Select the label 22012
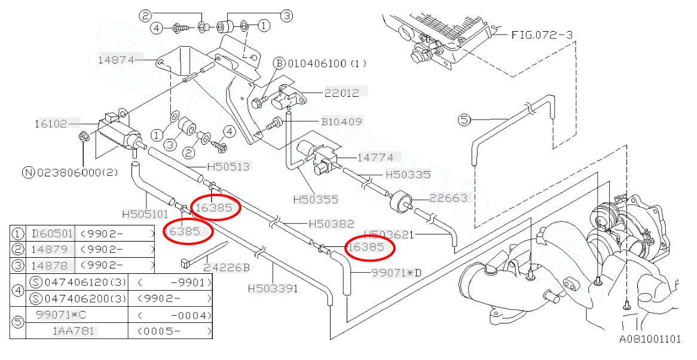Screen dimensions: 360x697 coord(342,93)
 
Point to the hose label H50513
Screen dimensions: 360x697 coord(228,167)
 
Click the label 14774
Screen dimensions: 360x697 coord(375,157)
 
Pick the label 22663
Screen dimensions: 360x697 coord(448,198)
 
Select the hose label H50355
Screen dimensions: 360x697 coord(315,199)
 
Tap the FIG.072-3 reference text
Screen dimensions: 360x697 coord(542,35)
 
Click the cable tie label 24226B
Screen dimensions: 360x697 coord(227,267)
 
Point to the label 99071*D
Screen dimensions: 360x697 coord(396,273)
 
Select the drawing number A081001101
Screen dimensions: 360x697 coord(650,339)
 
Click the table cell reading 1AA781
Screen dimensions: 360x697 coord(74,331)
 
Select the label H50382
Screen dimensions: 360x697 coord(331,224)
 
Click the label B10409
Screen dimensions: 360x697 coord(341,121)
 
